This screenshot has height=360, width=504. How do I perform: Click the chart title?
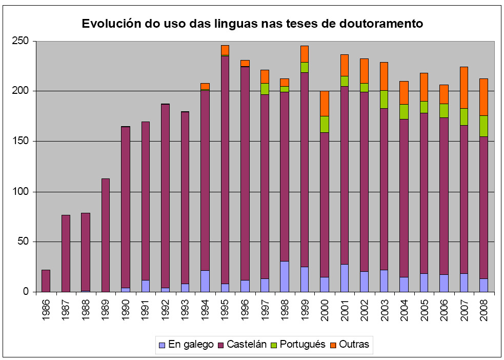point(252,23)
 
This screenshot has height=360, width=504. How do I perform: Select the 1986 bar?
point(46,281)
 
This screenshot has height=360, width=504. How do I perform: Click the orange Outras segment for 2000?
point(324,103)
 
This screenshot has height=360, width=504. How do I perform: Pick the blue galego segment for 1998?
point(285,276)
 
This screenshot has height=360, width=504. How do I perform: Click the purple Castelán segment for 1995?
point(225,169)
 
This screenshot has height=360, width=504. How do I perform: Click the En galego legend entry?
point(187,345)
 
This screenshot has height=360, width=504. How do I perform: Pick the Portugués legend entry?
point(300,345)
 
